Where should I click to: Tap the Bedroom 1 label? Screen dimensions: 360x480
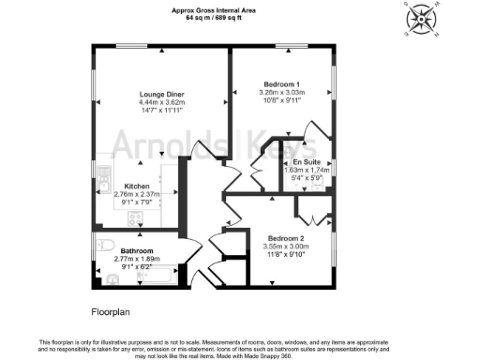click(x=281, y=83)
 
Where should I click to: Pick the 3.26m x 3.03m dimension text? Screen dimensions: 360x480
click(x=281, y=92)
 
